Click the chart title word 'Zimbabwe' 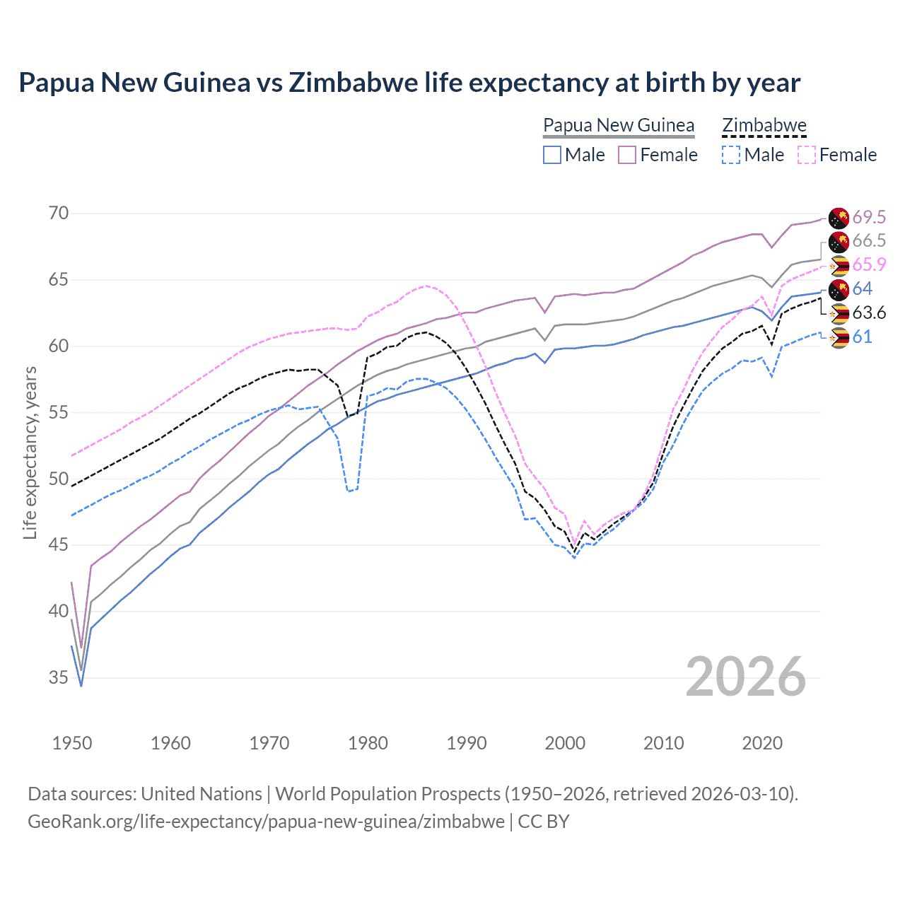coord(353,83)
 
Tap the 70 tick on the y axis coord(59,214)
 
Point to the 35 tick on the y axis coord(59,678)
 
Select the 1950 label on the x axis coord(72,743)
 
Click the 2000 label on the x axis coord(565,743)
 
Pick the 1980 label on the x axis coord(368,743)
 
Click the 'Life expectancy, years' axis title coord(30,452)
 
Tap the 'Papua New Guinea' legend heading coord(619,125)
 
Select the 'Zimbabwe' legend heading coord(764,125)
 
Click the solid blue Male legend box coord(552,155)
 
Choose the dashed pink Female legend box coord(807,155)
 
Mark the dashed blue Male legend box coord(731,155)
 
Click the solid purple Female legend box coord(627,155)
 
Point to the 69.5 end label coord(869,217)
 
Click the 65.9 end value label coord(869,264)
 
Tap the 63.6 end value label coord(869,313)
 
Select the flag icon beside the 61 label coord(839,337)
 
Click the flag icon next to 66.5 coord(839,241)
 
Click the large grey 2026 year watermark coord(745,677)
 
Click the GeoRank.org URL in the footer coord(266,822)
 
